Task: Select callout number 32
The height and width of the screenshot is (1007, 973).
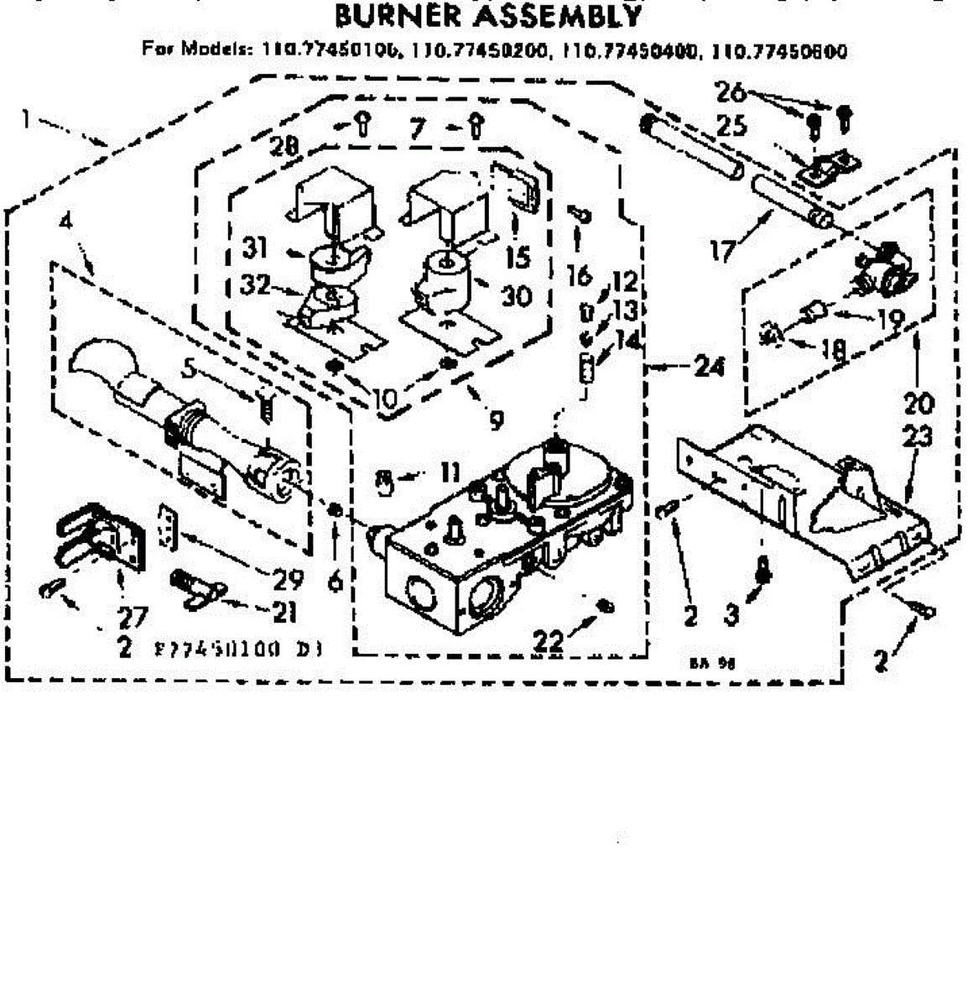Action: [255, 285]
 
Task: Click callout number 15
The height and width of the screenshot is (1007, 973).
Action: [518, 256]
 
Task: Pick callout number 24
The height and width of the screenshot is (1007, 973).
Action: [709, 367]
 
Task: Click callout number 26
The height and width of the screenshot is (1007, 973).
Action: [731, 91]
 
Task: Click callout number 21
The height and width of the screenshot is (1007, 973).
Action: [284, 613]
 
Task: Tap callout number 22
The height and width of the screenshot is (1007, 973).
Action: [549, 641]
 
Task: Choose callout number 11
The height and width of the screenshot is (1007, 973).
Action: [450, 472]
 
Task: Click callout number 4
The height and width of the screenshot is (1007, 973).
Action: [66, 223]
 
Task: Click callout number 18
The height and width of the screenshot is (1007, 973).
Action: [833, 348]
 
